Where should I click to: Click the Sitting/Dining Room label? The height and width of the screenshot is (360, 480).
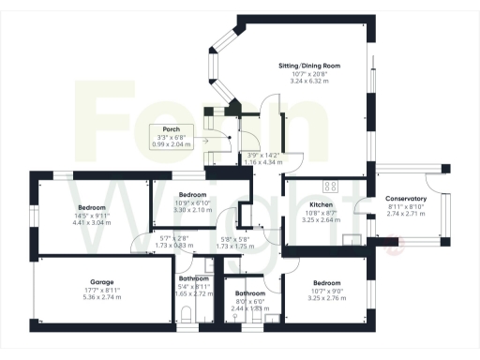(x=308, y=66)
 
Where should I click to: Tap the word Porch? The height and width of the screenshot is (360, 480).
(x=171, y=129)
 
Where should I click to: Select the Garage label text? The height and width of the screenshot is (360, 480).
(x=102, y=281)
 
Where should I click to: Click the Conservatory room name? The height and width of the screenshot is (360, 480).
(x=406, y=199)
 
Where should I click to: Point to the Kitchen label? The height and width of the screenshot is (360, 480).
(x=322, y=204)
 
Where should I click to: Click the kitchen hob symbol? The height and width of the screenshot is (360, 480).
(x=330, y=185)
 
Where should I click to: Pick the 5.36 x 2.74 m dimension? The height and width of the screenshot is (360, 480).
(x=102, y=297)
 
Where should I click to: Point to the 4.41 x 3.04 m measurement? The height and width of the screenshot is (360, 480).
(x=92, y=223)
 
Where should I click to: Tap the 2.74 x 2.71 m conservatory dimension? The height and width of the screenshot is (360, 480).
(x=406, y=214)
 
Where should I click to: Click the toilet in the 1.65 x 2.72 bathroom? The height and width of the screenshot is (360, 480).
(x=187, y=314)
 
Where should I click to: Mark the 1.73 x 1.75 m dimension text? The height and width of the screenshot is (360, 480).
(x=234, y=246)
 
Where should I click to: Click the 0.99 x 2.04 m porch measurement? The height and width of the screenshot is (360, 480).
(x=171, y=145)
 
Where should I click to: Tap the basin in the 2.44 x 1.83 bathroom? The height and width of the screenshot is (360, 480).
(x=233, y=316)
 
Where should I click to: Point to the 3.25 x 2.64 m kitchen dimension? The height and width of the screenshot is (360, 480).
(x=322, y=220)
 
